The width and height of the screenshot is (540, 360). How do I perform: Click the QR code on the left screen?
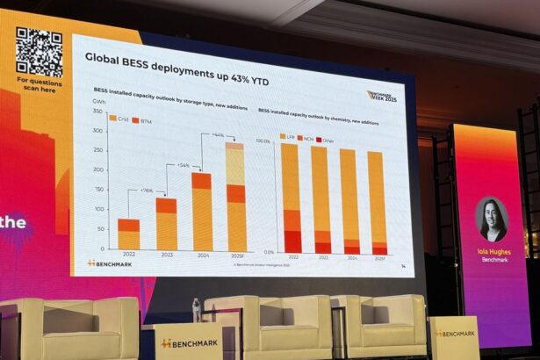coord(39,51)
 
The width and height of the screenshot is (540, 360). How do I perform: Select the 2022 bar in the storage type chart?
coord(128,234)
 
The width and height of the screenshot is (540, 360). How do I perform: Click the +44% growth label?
coord(219,134)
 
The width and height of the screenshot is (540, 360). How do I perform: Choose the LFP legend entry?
coord(289,137)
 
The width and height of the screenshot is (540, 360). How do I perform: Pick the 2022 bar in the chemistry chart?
coord(292,198)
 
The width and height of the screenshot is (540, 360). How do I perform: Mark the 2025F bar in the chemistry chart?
coord(377,203)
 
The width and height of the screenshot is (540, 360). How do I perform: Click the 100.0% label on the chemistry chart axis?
coord(263,140)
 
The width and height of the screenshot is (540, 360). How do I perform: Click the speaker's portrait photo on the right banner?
coord(492,219)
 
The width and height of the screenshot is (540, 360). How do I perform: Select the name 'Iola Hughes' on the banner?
coord(494,250)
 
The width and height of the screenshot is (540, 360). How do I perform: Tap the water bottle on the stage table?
coord(197,309)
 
